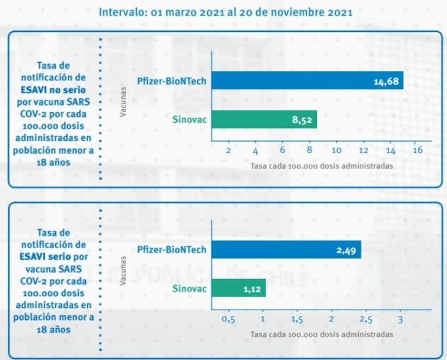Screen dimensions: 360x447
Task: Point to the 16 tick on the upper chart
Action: (x=417, y=151)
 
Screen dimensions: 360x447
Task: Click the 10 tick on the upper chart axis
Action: (x=336, y=151)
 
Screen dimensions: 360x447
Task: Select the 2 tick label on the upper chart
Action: (x=228, y=151)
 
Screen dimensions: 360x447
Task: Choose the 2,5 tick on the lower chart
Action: (x=365, y=319)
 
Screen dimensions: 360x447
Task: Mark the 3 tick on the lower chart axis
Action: (x=400, y=319)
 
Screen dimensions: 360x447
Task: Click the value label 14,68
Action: (x=386, y=82)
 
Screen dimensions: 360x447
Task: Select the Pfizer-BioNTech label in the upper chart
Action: (x=172, y=81)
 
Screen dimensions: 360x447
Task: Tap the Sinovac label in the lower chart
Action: (x=189, y=289)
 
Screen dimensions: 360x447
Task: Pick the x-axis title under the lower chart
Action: (x=321, y=334)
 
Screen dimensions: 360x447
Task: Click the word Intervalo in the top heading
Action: (x=121, y=12)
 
